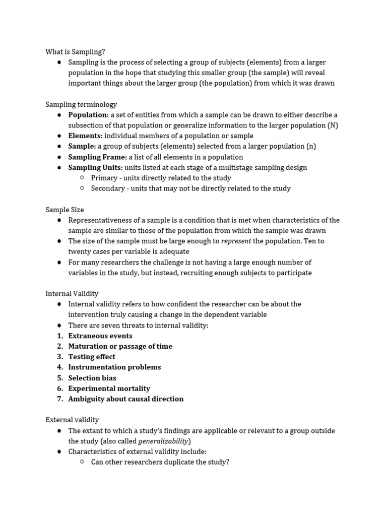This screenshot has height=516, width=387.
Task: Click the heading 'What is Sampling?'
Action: click(75, 51)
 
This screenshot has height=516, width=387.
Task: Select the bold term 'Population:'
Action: click(88, 115)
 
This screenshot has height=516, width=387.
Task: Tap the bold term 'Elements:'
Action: click(85, 136)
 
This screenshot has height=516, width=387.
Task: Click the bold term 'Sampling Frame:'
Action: click(97, 157)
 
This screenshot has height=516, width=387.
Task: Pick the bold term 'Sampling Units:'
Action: click(95, 167)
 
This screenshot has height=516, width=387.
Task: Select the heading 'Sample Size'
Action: click(64, 210)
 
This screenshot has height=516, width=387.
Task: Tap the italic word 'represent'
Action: click(236, 241)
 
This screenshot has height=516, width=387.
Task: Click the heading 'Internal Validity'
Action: click(72, 293)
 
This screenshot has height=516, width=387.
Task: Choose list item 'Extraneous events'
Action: click(100, 336)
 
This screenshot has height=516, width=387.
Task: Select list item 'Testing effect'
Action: click(92, 357)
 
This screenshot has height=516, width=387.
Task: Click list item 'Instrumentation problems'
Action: click(114, 367)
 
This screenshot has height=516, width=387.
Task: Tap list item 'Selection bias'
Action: click(92, 378)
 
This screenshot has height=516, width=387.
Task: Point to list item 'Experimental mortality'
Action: click(109, 389)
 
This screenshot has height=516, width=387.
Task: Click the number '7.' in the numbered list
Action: click(59, 399)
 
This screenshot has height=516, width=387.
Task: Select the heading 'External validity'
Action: click(72, 420)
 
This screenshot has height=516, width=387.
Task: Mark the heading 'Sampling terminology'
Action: click(81, 104)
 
